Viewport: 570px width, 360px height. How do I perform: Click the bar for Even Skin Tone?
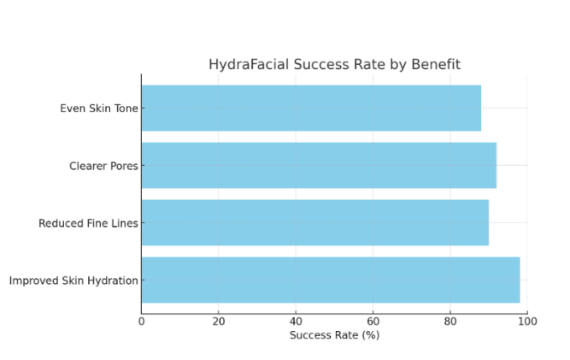[311, 108]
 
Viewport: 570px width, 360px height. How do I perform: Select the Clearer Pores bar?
[319, 165]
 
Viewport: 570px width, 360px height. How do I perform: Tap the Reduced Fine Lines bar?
[314, 222]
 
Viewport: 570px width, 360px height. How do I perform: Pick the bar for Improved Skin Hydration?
[330, 280]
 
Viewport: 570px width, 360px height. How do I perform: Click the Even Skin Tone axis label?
[98, 109]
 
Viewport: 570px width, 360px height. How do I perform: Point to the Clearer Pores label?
[103, 166]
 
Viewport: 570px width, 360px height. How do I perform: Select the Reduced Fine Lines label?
[88, 223]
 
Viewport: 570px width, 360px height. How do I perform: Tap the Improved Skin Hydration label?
[73, 280]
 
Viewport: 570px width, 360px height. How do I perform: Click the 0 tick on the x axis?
[141, 321]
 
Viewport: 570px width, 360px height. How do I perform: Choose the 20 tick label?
[219, 321]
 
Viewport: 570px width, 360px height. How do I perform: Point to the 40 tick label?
[296, 321]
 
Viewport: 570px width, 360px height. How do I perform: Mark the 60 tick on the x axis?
[373, 321]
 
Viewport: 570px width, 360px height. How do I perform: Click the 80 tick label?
[450, 321]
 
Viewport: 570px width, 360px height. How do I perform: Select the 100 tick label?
[527, 321]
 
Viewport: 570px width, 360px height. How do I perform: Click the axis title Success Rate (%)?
[334, 335]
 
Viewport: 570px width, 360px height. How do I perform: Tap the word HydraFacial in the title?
[246, 65]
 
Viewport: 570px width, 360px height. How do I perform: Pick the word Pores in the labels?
[123, 166]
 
